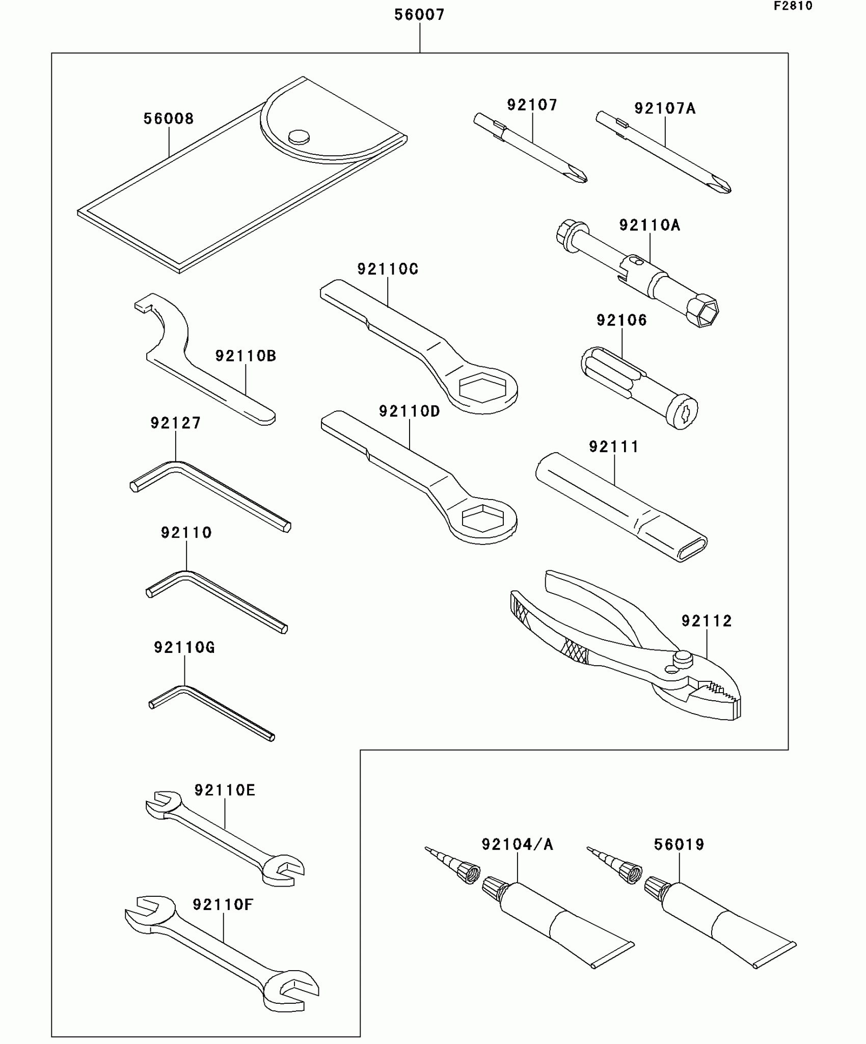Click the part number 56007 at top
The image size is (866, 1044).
[x=419, y=15]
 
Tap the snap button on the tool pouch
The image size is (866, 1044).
[x=299, y=136]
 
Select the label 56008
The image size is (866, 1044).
[x=169, y=119]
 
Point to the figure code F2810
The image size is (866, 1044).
[x=793, y=6]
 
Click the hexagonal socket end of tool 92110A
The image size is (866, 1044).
[x=703, y=311]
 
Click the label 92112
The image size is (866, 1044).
[x=707, y=621]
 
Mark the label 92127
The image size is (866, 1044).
[x=176, y=423]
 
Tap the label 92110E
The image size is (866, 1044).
[x=225, y=790]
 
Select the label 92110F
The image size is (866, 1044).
[x=223, y=904]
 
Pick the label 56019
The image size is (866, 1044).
[x=679, y=844]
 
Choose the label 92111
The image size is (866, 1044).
[x=614, y=447]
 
